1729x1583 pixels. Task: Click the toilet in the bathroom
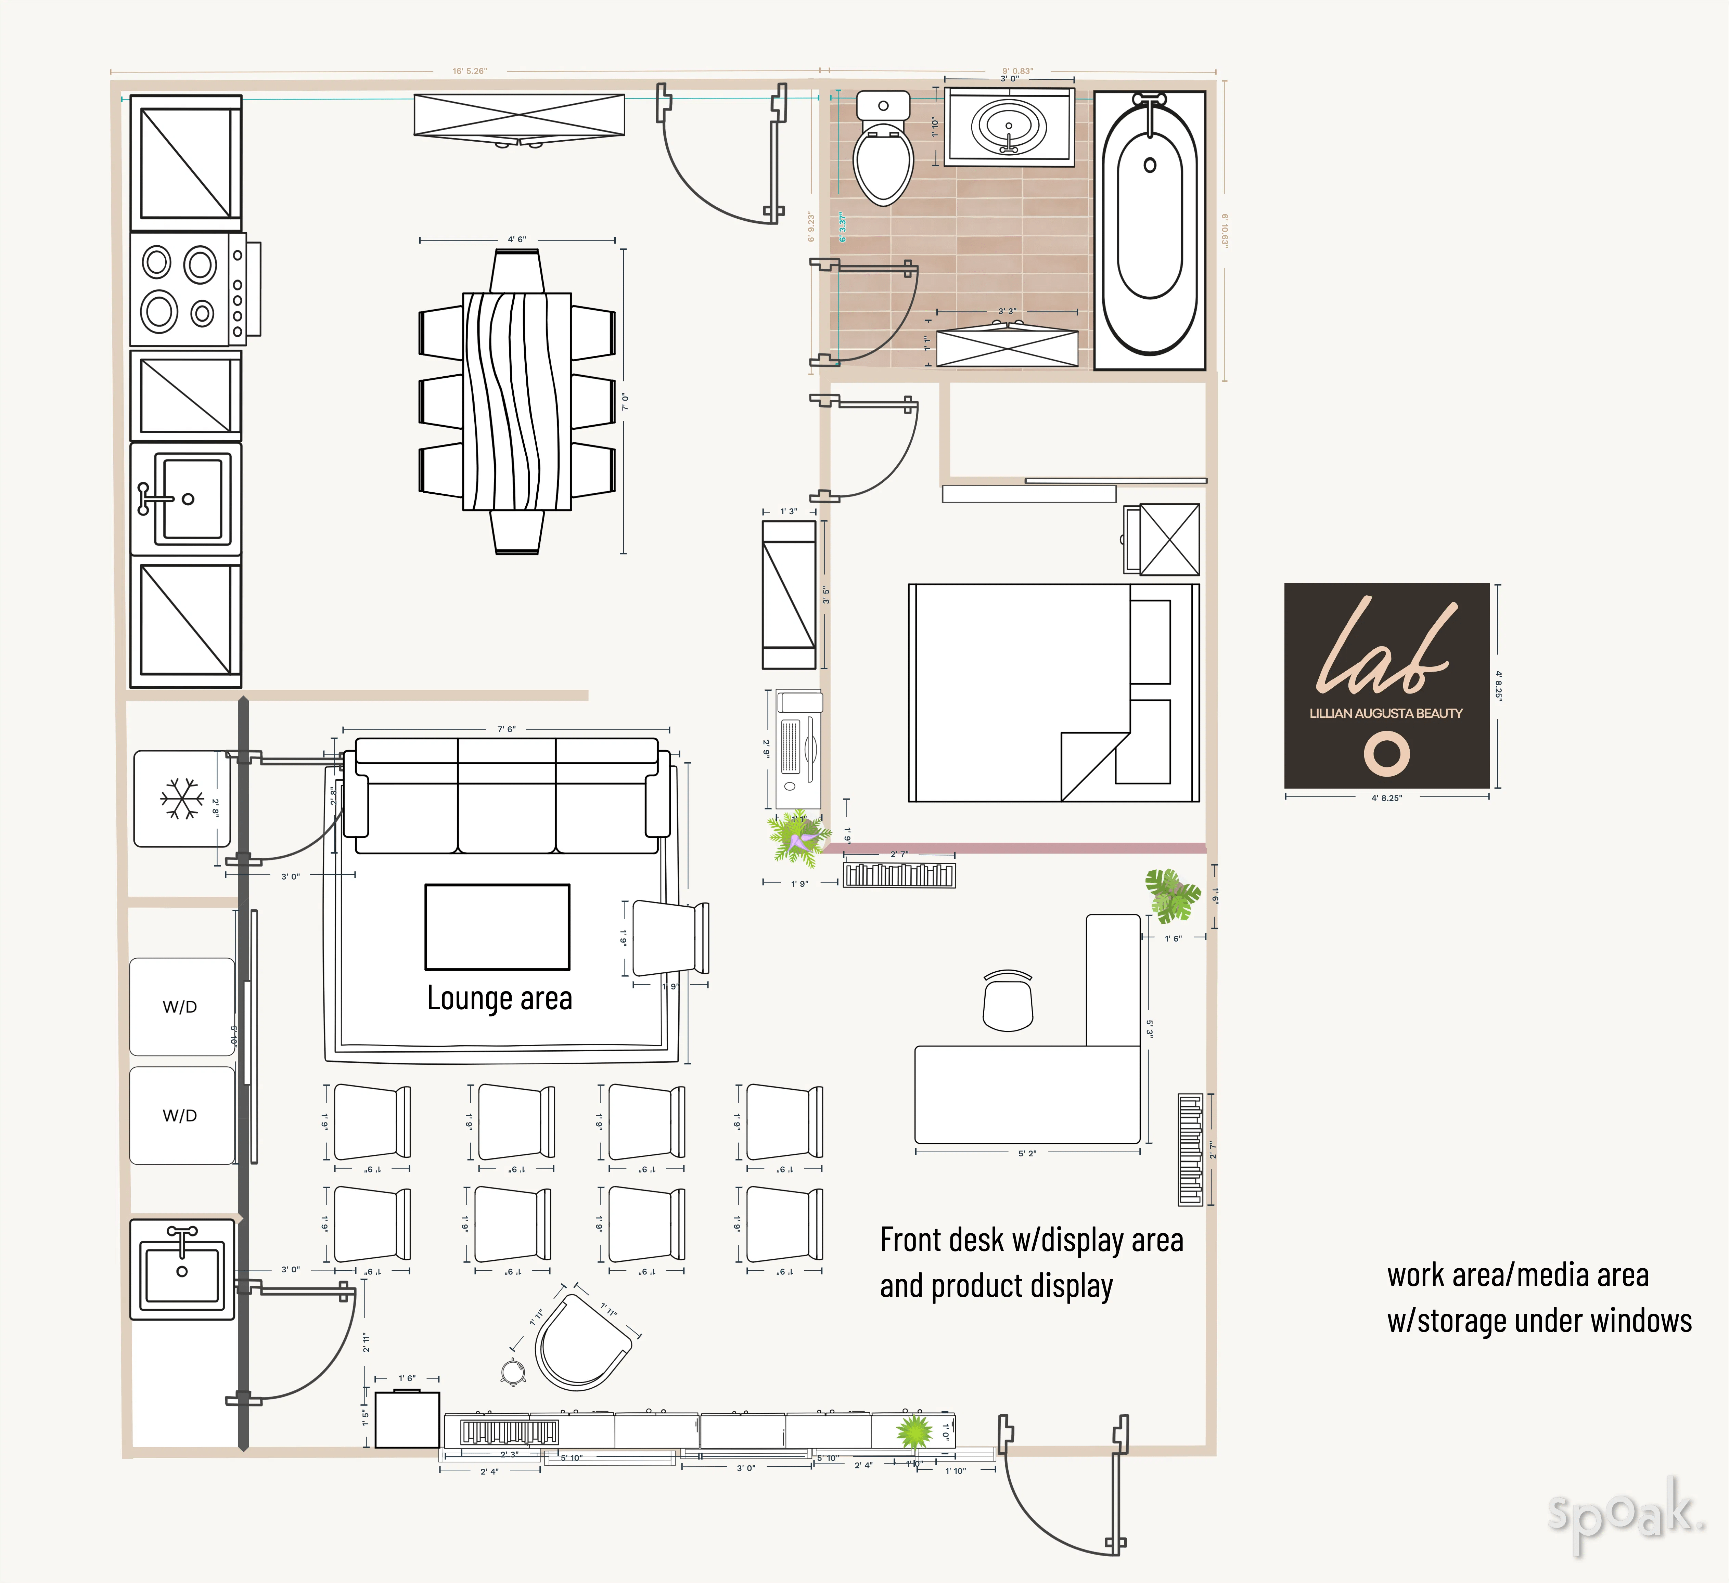[883, 154]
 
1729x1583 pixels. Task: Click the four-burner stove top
[187, 289]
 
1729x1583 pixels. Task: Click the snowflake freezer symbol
[182, 799]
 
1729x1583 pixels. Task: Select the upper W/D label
[180, 1007]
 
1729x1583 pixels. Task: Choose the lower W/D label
[180, 1116]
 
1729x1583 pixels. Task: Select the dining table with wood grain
[517, 401]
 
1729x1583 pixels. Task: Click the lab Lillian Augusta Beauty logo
[1386, 686]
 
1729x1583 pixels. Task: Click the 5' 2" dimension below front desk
[1027, 1153]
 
